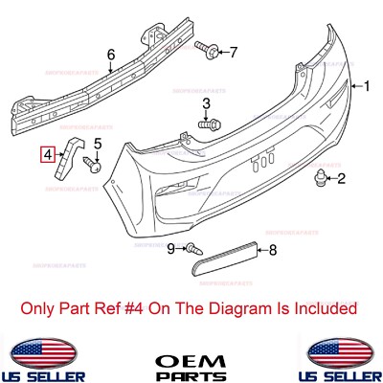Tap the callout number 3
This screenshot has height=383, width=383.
(x=205, y=103)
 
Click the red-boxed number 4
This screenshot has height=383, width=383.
(x=48, y=151)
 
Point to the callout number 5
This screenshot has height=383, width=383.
(x=96, y=144)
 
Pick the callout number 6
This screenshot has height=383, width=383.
(x=110, y=55)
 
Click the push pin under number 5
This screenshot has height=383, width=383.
(x=95, y=165)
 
